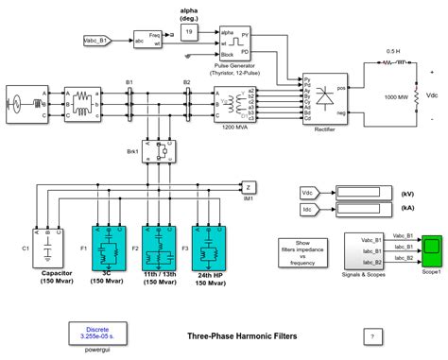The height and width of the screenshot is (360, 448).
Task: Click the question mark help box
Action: [x=376, y=335]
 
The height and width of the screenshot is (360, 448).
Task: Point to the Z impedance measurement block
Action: [x=249, y=185]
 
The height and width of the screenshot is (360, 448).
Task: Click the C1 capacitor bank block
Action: [x=47, y=249]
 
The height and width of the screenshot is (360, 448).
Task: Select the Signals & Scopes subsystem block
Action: [x=363, y=252]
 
